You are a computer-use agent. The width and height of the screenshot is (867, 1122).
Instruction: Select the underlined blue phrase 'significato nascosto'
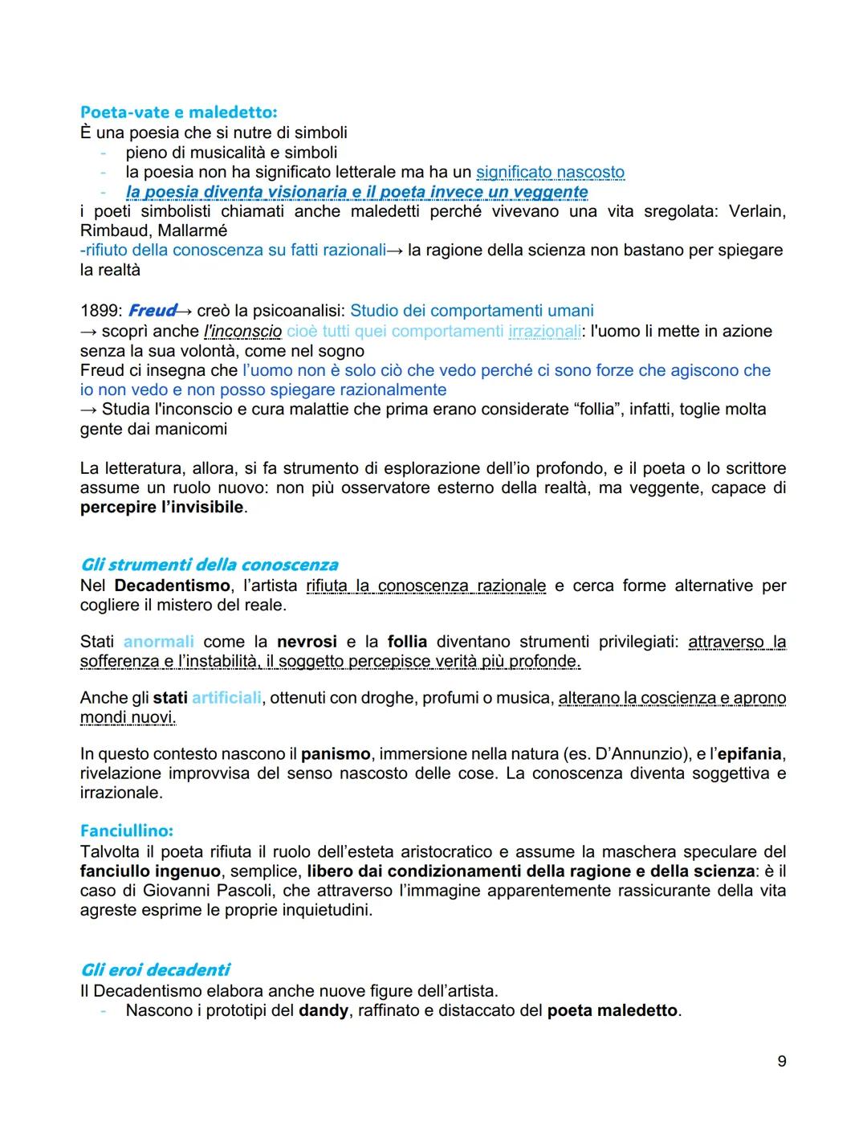tap(550, 172)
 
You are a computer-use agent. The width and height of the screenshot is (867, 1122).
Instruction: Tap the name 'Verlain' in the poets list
tap(756, 211)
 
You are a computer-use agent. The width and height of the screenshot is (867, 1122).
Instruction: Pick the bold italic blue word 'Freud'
tap(152, 311)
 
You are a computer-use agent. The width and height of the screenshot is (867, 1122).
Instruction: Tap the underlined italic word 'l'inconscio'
tap(242, 331)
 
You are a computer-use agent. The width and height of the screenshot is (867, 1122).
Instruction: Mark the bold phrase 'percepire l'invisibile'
tap(161, 508)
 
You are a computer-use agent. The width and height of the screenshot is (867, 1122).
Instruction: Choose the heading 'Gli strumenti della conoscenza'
tap(209, 565)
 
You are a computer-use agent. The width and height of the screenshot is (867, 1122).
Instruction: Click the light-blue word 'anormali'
tap(158, 642)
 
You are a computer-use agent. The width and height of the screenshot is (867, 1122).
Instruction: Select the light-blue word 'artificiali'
tap(226, 698)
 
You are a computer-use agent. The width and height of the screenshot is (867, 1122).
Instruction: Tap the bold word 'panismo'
tap(335, 754)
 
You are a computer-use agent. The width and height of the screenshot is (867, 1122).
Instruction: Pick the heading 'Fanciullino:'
tap(126, 830)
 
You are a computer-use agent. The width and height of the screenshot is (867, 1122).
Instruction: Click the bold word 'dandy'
tap(323, 1010)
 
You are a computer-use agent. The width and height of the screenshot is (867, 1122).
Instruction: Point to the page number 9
tap(781, 1062)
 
